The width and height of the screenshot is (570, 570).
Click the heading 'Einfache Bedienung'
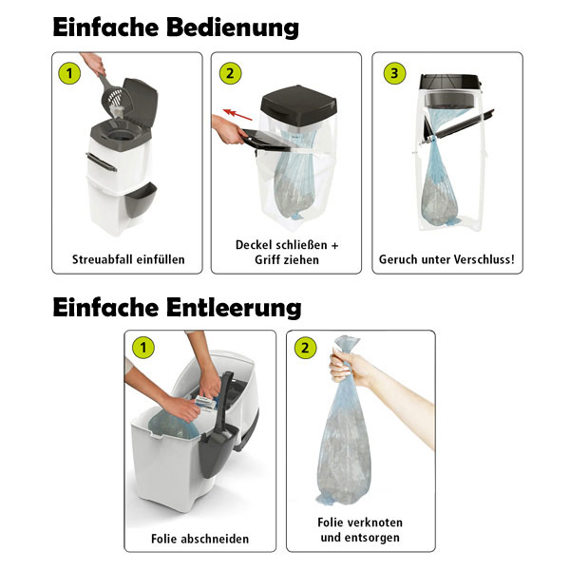[x=176, y=26]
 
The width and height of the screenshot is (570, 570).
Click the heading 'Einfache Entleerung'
[x=178, y=307]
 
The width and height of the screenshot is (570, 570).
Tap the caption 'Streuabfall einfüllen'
[x=128, y=258]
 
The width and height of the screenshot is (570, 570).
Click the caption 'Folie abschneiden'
[x=199, y=538]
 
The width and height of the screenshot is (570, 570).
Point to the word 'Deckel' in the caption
[x=258, y=244]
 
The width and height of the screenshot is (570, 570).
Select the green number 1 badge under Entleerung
[x=144, y=348]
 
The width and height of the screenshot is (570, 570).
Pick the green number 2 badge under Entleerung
[x=306, y=348]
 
